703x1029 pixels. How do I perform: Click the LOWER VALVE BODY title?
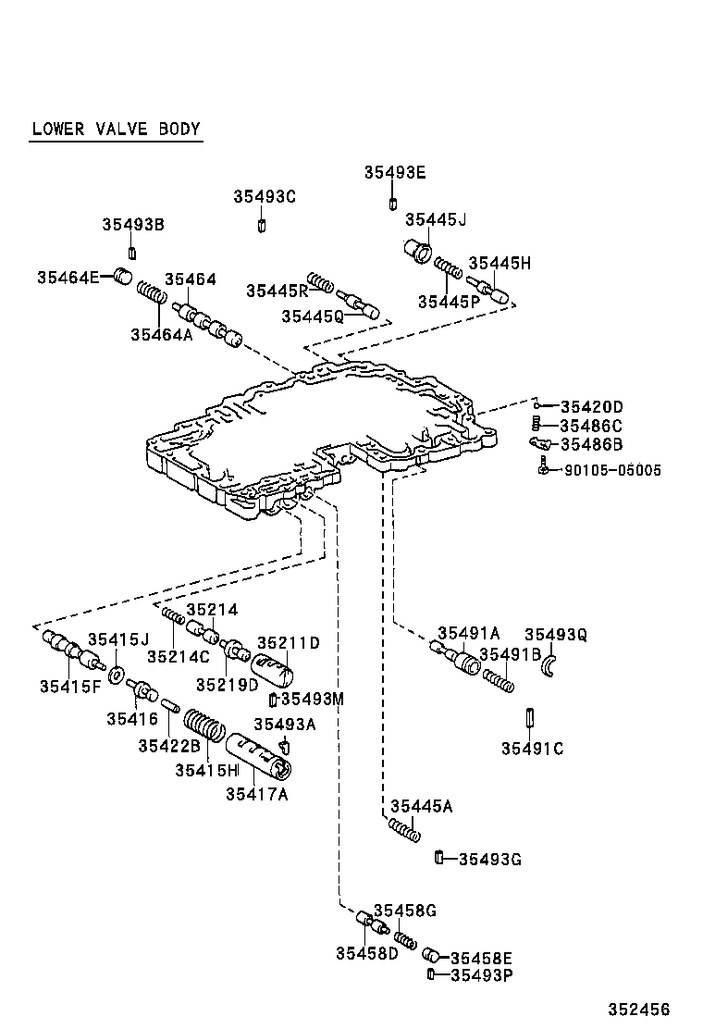[116, 129]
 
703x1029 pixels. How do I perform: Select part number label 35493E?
[394, 172]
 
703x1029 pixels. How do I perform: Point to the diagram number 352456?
[637, 1010]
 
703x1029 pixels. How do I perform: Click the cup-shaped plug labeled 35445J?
[420, 251]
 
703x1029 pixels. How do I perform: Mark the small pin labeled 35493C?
[263, 227]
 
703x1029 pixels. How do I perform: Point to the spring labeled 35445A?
[403, 830]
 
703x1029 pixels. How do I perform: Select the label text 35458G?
[404, 911]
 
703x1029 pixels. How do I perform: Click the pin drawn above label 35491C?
[532, 718]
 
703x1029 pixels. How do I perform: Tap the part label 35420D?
[592, 407]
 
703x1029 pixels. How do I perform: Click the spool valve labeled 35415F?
[70, 652]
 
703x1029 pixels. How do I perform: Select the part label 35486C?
[591, 426]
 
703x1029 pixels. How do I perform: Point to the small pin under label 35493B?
[132, 254]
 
